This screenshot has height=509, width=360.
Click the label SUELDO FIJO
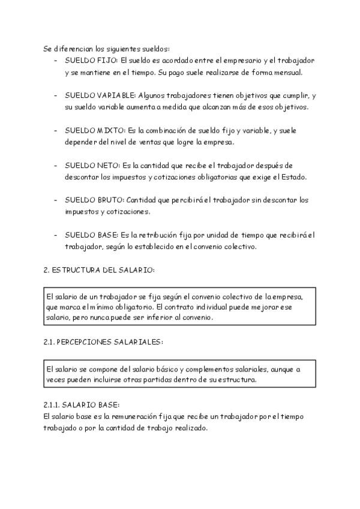[91, 61]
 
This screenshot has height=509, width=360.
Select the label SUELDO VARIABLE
[100, 95]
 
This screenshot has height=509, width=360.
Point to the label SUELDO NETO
[92, 165]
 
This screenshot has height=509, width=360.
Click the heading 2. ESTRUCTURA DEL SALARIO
[99, 270]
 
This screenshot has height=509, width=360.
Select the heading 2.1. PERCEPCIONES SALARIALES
[103, 342]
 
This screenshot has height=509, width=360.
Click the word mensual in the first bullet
[287, 73]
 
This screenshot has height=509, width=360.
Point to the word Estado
[293, 177]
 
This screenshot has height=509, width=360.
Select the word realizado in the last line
[191, 429]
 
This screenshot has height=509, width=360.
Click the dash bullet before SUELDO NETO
[56, 165]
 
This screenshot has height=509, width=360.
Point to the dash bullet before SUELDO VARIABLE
[56, 95]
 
